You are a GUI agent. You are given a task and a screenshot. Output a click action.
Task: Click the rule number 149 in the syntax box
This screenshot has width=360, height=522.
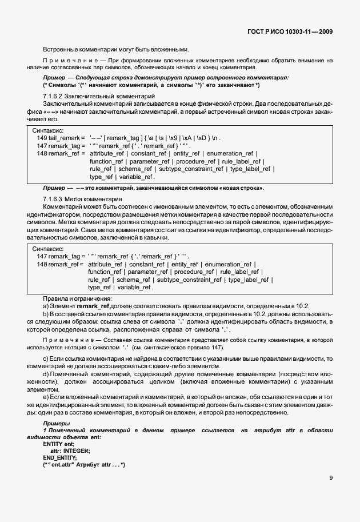[x=42, y=138]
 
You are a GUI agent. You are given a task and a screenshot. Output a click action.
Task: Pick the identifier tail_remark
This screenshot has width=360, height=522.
[x=64, y=138]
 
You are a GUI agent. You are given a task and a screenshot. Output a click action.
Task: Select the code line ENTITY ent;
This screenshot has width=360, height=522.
[x=59, y=444]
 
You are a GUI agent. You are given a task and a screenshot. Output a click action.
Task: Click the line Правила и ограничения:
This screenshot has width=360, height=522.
[x=77, y=299]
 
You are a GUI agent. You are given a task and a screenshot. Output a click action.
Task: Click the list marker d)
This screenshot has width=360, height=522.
[x=46, y=373]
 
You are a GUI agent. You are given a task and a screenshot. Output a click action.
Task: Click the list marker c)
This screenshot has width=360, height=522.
[x=46, y=358]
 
